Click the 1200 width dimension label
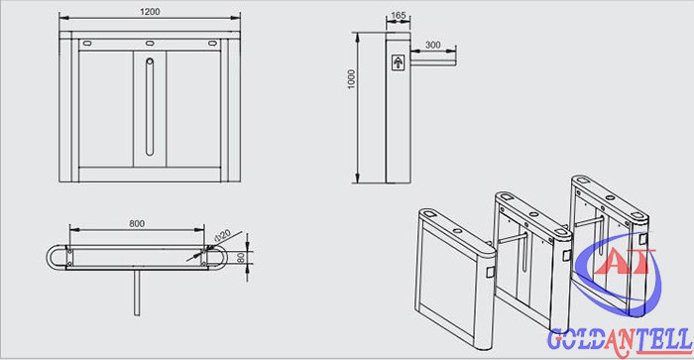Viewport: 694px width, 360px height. pos(150,12)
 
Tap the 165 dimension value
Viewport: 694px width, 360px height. pos(399,15)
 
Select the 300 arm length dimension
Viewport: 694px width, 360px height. pos(432,45)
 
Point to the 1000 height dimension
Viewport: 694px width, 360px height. pos(351,79)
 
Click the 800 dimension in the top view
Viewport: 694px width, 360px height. pos(137,223)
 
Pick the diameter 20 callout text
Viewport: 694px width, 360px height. pos(222,235)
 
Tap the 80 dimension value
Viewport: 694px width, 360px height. pos(241,258)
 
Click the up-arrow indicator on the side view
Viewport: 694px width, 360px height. pos(399,62)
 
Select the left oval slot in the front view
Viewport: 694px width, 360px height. pos(87,44)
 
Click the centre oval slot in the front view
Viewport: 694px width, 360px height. pos(150,44)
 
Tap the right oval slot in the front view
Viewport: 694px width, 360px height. pos(212,44)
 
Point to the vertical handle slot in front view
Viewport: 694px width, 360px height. pos(150,107)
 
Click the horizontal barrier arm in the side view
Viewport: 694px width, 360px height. pos(433,62)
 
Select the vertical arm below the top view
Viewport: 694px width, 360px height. pos(137,293)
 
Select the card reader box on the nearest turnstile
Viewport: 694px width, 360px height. pos(490,272)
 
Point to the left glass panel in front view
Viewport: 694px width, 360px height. pos(106,109)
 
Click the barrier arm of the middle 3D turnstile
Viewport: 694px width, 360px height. pos(513,239)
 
